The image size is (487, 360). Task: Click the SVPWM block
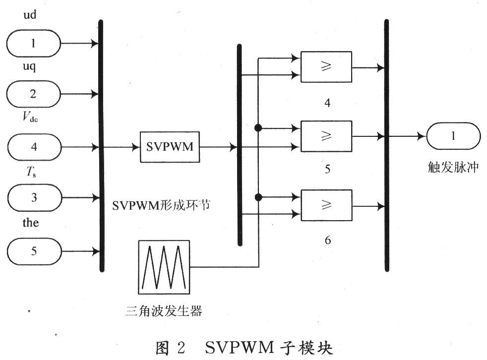(x=170, y=147)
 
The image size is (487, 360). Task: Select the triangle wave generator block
(x=164, y=267)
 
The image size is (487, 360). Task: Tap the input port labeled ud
(x=34, y=43)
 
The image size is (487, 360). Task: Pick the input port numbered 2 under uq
(x=34, y=94)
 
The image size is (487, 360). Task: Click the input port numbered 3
(x=35, y=197)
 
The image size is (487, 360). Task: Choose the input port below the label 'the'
(x=35, y=251)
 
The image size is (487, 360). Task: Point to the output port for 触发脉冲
(x=453, y=136)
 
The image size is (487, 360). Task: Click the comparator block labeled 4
(x=326, y=67)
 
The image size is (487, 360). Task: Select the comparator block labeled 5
(x=326, y=136)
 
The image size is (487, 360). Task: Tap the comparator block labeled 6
(x=326, y=205)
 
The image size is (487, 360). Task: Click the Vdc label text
(x=30, y=117)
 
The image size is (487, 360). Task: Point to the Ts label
(x=31, y=172)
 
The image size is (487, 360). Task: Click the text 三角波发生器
(x=164, y=310)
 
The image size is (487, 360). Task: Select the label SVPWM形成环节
(x=161, y=205)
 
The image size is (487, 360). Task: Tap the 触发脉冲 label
(x=453, y=168)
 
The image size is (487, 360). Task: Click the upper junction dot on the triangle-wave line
(x=258, y=128)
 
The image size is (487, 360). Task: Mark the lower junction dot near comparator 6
(x=258, y=197)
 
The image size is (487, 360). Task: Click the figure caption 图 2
(x=171, y=348)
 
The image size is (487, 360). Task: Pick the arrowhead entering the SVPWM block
(x=136, y=147)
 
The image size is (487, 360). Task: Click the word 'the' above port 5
(x=31, y=223)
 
